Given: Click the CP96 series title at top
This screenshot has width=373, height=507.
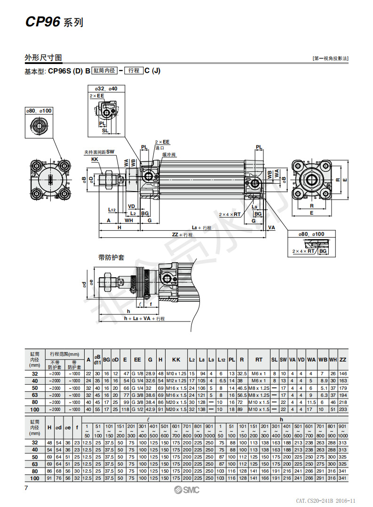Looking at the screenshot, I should click(x=54, y=22).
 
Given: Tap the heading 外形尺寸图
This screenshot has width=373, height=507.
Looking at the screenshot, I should click(x=43, y=58).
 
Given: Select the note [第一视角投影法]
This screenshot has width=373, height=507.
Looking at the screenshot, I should click(x=331, y=59).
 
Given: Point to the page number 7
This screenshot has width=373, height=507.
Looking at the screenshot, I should click(x=26, y=488).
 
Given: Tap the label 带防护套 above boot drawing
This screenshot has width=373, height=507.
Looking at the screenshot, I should click(x=111, y=257).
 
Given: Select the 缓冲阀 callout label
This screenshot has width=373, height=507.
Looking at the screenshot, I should click(x=169, y=154).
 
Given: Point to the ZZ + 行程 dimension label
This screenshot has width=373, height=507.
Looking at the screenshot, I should click(x=182, y=234).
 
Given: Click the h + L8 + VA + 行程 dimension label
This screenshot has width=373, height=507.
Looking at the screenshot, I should click(x=144, y=319).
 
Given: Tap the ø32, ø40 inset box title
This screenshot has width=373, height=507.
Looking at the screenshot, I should click(x=106, y=89).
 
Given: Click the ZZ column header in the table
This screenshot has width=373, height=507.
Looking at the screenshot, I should click(x=343, y=360).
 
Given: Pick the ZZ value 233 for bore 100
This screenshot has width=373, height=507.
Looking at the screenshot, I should click(x=343, y=410).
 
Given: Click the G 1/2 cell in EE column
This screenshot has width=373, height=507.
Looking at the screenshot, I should click(x=137, y=410).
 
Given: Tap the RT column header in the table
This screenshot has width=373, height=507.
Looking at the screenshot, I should click(x=259, y=360).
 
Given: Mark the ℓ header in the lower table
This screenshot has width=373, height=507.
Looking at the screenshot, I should click(x=148, y=418).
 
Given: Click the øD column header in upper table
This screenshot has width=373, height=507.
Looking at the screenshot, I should click(x=115, y=360).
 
